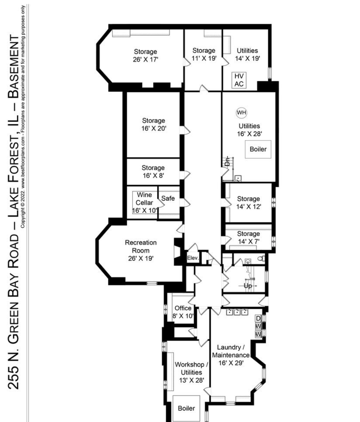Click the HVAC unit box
coord(239,80)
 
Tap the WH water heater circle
coord(241,113)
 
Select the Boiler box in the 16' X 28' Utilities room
coord(258,149)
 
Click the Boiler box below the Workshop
coord(186,408)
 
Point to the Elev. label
coord(193,258)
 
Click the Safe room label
coord(168,198)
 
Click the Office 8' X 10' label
coord(183,312)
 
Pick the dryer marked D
coord(258,318)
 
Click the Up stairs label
coord(248,286)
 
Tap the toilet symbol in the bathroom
coord(262,259)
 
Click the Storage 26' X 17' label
coord(145,55)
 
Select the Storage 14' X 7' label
coord(249,237)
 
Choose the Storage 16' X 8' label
coord(153,172)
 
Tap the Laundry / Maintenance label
coord(231,355)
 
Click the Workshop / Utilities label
coord(191,372)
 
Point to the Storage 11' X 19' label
coord(204,54)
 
